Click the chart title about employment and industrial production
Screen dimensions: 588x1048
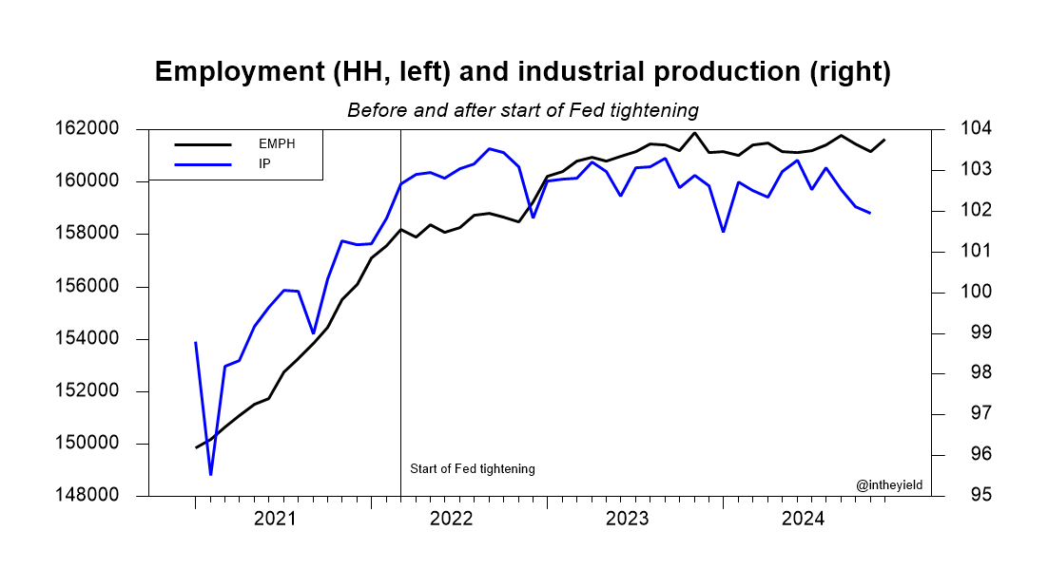click(522, 73)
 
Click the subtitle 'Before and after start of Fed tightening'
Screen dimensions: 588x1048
click(522, 110)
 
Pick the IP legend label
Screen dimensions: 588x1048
click(265, 163)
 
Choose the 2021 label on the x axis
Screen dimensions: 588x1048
click(275, 520)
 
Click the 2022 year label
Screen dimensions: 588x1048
click(451, 520)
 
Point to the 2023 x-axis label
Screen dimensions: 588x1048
click(627, 520)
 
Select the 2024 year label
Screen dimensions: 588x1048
click(803, 520)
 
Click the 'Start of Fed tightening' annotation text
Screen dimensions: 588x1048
click(473, 469)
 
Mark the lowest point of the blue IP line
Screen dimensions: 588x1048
click(210, 474)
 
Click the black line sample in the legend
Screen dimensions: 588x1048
click(204, 144)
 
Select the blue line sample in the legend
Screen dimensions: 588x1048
click(204, 163)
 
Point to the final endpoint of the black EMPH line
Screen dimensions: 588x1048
click(884, 140)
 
